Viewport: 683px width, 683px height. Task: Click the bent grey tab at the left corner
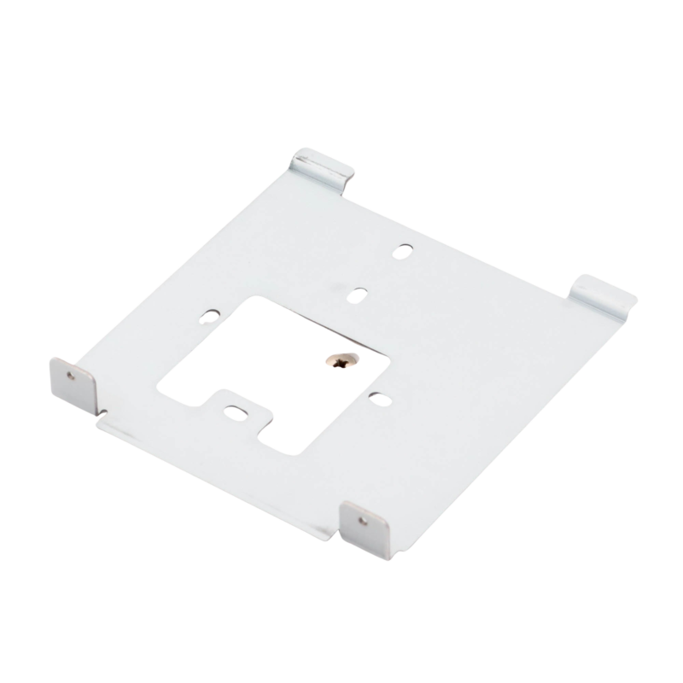point(74,382)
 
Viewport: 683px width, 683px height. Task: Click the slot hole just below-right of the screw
point(376,394)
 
